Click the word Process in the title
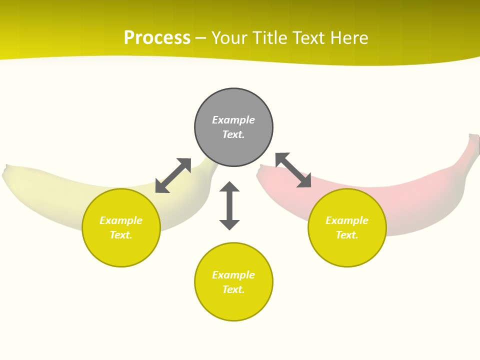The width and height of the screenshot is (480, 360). click(x=157, y=38)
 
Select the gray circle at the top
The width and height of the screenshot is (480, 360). click(x=233, y=127)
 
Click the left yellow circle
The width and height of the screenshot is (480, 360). click(x=121, y=227)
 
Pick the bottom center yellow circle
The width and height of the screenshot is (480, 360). click(x=233, y=282)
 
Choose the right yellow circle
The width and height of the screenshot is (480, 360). click(x=347, y=227)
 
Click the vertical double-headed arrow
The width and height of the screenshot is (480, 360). click(x=229, y=205)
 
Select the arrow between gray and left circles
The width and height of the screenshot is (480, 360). click(x=173, y=175)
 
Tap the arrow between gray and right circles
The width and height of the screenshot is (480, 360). click(x=293, y=170)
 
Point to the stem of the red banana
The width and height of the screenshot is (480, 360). click(x=472, y=145)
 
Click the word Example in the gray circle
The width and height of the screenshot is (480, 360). click(x=233, y=120)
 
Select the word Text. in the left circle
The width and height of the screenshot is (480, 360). click(x=121, y=235)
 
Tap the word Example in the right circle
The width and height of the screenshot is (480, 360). click(x=347, y=220)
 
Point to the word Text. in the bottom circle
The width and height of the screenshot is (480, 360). click(x=233, y=289)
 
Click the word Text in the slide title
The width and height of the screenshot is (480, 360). click(x=307, y=38)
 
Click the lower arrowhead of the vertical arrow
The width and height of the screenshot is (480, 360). click(x=229, y=224)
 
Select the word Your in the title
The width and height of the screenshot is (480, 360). click(x=229, y=38)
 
